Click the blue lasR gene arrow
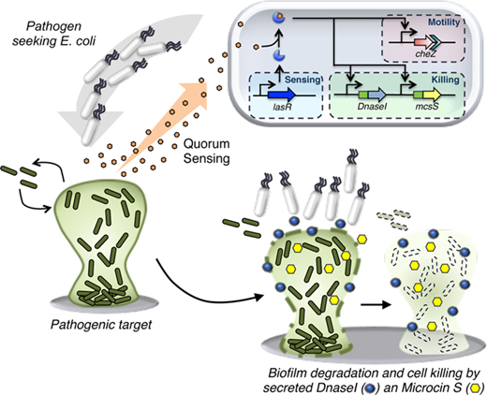tap(281, 95)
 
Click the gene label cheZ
tap(425, 53)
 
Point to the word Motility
tap(444, 22)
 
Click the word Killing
tap(445, 80)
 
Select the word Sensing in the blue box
tap(303, 80)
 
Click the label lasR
tap(282, 107)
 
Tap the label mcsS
tap(427, 106)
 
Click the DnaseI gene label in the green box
tap(372, 107)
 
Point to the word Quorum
tap(206, 144)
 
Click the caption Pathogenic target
tap(101, 325)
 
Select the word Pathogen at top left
tap(53, 26)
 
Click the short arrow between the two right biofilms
tap(376, 304)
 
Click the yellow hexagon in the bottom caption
tap(476, 388)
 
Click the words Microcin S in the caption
tap(433, 388)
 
